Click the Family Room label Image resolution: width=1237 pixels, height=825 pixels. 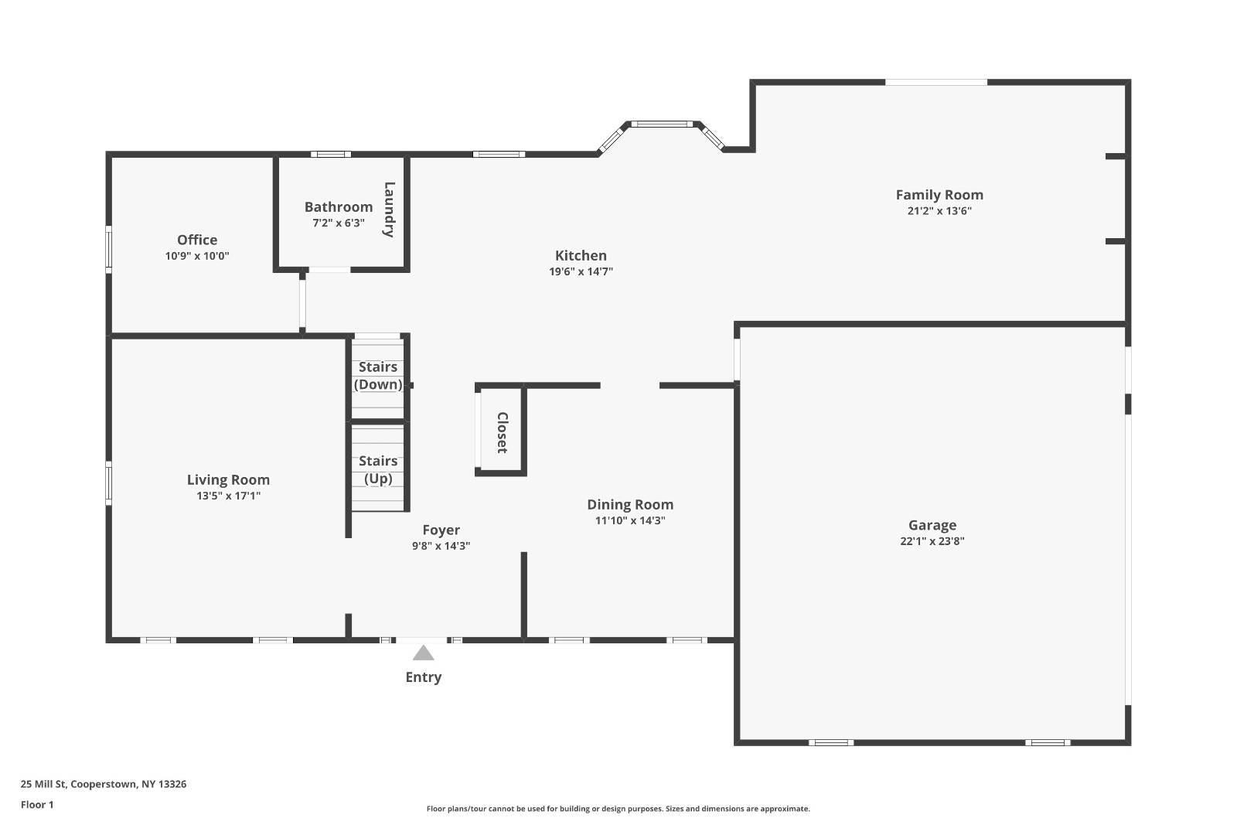click(x=939, y=195)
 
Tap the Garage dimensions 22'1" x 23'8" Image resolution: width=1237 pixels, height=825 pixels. click(x=932, y=541)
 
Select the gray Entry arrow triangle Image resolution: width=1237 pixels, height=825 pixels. click(x=423, y=654)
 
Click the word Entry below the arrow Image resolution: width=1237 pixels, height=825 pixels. click(x=423, y=677)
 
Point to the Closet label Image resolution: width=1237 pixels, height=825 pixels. click(x=502, y=432)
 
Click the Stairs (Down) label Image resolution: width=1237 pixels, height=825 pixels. click(x=378, y=375)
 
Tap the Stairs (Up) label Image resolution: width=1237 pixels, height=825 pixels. click(x=378, y=469)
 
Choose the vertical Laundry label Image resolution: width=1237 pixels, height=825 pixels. click(x=389, y=210)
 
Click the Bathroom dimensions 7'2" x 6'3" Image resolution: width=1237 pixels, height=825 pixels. click(x=338, y=223)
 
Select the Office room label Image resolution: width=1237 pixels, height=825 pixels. click(x=197, y=240)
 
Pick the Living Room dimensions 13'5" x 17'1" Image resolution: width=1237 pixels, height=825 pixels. click(x=228, y=496)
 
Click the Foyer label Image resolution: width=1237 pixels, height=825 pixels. click(x=441, y=530)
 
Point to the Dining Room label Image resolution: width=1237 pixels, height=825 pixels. click(x=630, y=504)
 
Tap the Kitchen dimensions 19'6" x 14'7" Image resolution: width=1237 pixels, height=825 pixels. click(x=581, y=271)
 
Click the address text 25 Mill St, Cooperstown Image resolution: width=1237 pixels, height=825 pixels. click(x=103, y=784)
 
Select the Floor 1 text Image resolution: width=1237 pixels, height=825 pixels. click(x=37, y=804)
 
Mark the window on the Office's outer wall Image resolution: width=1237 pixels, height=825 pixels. click(x=109, y=249)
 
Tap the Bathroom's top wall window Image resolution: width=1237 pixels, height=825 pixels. click(x=331, y=154)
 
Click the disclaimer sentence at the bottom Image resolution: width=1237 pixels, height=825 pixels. click(x=618, y=809)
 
